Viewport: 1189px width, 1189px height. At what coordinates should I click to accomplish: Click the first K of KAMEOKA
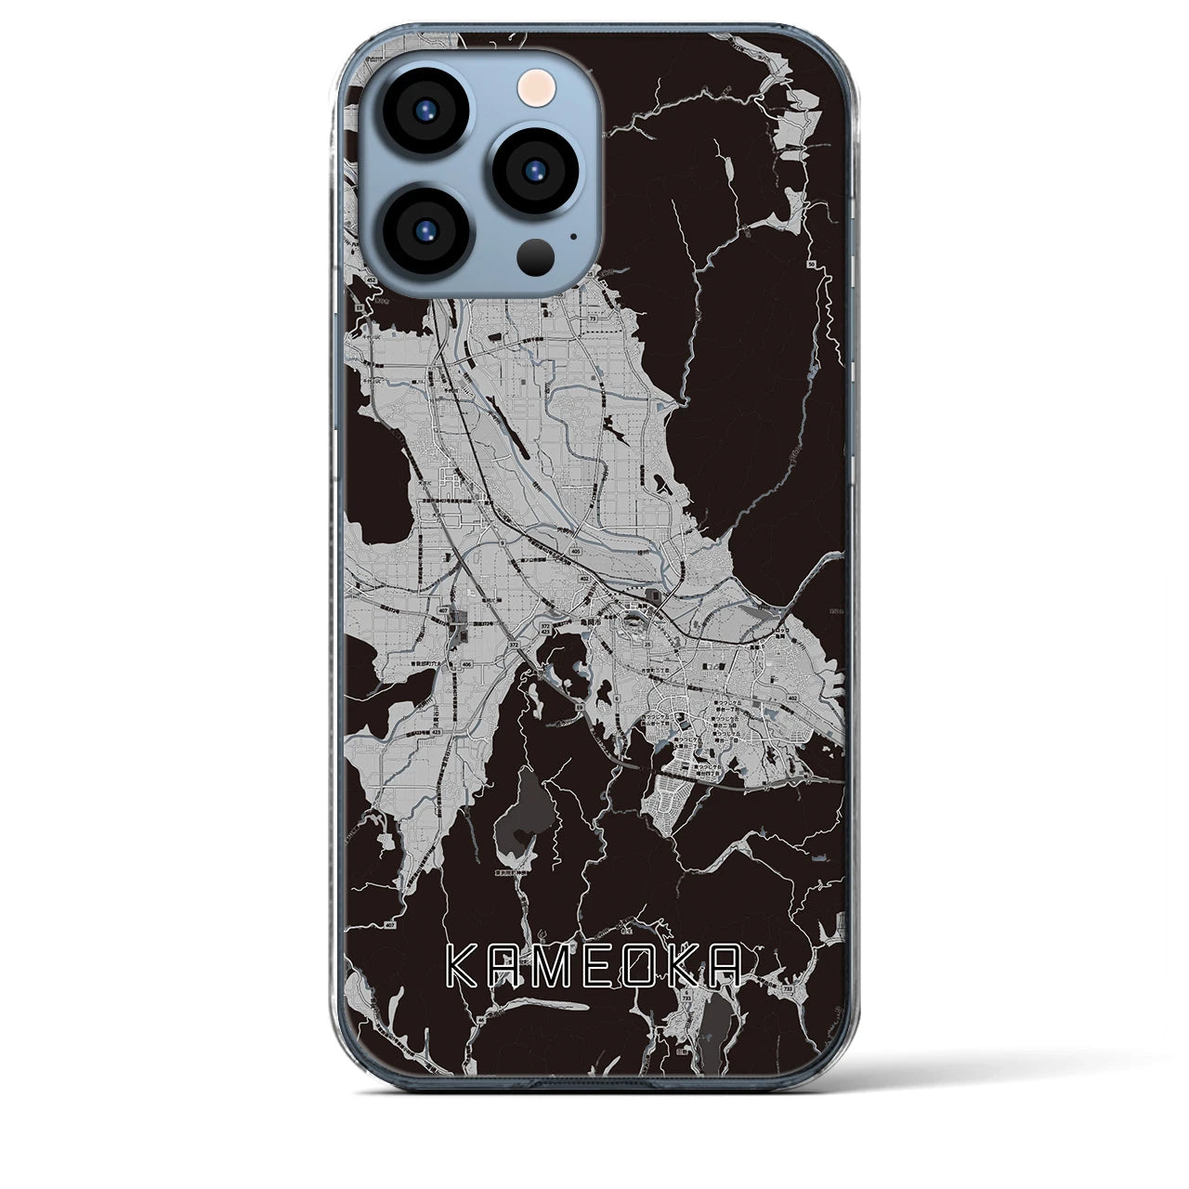coord(460,968)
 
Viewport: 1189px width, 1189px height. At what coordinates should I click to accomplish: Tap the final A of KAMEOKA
coord(726,968)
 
